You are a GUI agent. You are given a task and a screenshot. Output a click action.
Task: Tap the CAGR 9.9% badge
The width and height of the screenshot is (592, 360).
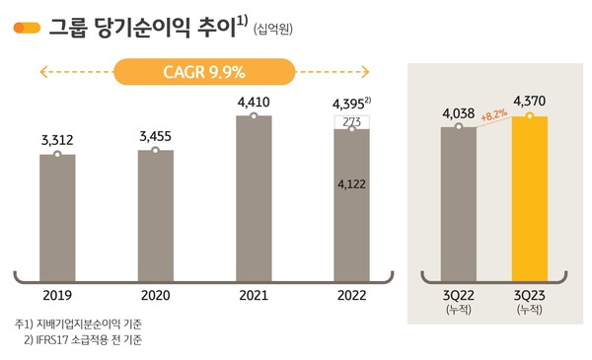tap(203, 72)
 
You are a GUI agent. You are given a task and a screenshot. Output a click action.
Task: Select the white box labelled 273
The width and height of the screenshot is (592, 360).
tap(351, 122)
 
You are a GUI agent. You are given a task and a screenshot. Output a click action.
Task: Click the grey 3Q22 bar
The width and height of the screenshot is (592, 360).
tap(459, 195)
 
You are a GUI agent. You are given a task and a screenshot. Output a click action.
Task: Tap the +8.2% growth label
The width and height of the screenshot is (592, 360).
tap(494, 114)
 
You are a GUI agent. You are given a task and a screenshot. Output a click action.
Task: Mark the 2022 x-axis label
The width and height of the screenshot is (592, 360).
tap(351, 294)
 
